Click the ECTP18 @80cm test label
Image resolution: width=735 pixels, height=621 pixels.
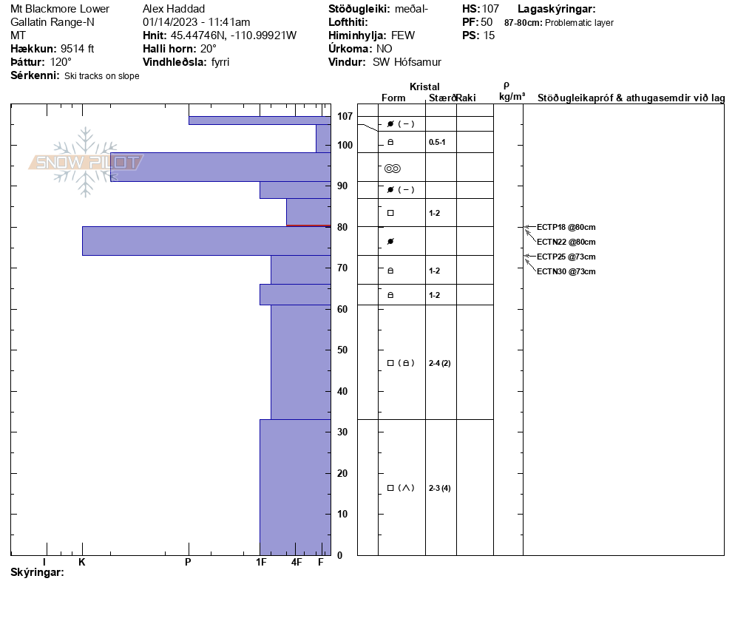(x=566, y=227)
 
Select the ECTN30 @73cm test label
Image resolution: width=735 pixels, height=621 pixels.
(x=566, y=271)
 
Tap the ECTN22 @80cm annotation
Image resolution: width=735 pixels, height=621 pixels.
(x=566, y=242)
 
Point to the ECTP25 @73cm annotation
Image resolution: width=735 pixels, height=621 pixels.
(x=566, y=257)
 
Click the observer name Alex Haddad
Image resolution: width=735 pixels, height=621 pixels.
(x=174, y=9)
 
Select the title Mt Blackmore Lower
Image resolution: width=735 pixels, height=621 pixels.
(x=60, y=9)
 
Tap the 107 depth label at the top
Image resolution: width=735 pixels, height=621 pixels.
(x=345, y=116)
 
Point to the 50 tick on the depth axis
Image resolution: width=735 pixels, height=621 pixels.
(x=343, y=350)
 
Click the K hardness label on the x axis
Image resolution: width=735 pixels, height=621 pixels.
(x=82, y=563)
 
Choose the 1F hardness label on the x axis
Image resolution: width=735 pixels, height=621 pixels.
(x=261, y=563)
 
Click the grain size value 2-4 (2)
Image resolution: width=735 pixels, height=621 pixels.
(x=439, y=363)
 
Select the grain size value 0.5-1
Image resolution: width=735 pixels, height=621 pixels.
(x=437, y=141)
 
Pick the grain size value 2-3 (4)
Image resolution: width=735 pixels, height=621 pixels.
(x=439, y=488)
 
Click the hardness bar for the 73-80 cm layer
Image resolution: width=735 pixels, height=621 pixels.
(x=206, y=241)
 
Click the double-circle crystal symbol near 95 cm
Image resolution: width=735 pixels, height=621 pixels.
(x=393, y=169)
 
